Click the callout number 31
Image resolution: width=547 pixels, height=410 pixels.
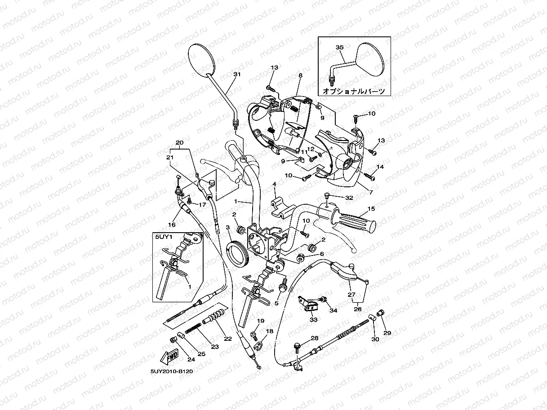[x=237, y=74]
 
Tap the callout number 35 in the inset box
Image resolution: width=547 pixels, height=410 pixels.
[x=339, y=47]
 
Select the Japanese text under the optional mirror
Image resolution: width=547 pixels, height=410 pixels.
[x=354, y=91]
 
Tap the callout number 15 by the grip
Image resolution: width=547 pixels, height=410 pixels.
[x=371, y=209]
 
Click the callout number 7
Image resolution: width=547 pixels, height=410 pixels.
[x=371, y=192]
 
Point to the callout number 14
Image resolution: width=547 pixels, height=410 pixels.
[x=380, y=167]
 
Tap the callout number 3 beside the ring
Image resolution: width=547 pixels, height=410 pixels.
[x=228, y=228]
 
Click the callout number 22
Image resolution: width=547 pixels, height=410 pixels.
[x=228, y=339]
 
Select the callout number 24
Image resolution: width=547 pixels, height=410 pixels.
[x=191, y=359]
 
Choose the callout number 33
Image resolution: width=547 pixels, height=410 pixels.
[x=313, y=320]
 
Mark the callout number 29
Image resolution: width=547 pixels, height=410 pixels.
[x=387, y=333]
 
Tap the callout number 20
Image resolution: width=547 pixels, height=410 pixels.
[x=179, y=143]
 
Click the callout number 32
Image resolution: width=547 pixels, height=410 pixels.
[x=349, y=198]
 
